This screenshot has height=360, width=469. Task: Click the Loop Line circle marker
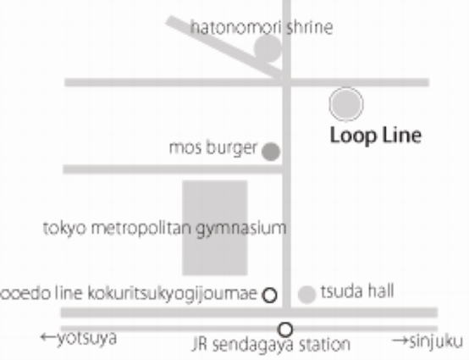(346, 104)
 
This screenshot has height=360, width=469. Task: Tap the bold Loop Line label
(376, 136)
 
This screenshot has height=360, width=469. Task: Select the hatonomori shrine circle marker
(268, 48)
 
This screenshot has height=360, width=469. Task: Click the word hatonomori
(236, 28)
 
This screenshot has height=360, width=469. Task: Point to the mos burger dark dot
(271, 152)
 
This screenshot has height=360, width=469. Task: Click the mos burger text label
(213, 148)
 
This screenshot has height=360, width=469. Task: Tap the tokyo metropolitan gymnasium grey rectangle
(215, 228)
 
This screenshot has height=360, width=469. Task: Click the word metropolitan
(141, 229)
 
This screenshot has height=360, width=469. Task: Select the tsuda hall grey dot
(307, 295)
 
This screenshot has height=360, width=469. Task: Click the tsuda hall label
(357, 291)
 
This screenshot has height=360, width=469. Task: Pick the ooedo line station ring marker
(269, 296)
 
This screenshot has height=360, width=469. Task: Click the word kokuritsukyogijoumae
(173, 294)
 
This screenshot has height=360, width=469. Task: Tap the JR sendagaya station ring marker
(285, 330)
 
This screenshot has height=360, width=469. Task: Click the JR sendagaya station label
(271, 345)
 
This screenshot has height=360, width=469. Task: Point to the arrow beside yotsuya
(48, 337)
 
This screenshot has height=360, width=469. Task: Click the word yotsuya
(87, 339)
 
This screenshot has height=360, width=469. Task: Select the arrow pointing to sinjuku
(400, 341)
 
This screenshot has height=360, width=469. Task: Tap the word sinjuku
(436, 341)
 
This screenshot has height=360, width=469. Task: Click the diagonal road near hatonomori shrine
(224, 48)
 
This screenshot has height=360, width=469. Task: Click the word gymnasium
(241, 229)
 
